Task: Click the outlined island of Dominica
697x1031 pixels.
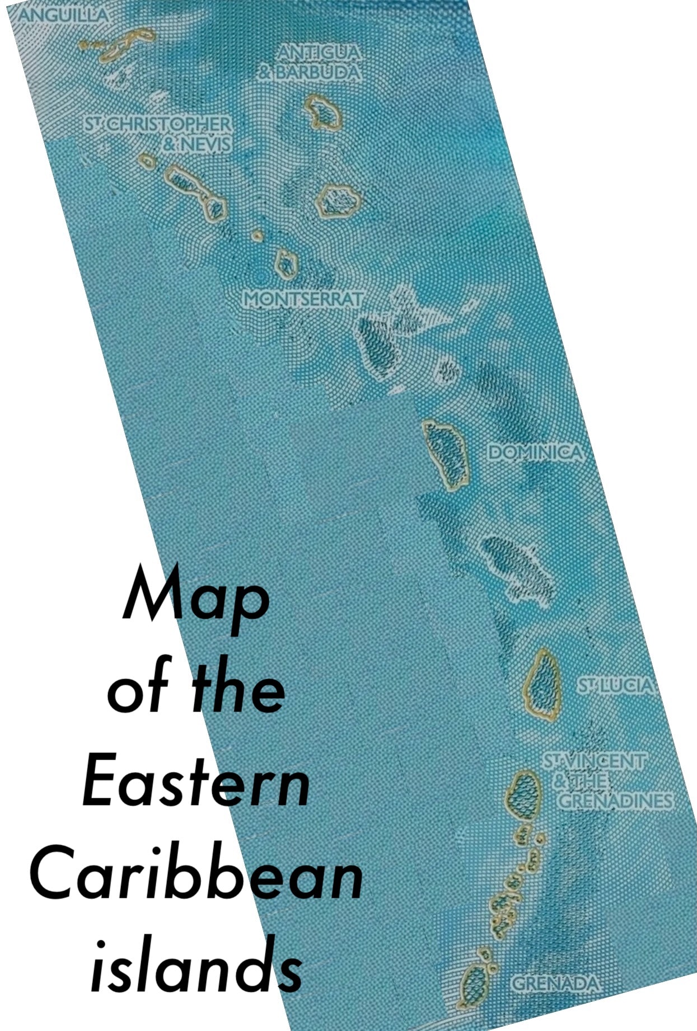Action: click(446, 455)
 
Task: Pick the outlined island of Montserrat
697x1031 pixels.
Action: click(286, 263)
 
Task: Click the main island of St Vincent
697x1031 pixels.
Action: click(523, 795)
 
